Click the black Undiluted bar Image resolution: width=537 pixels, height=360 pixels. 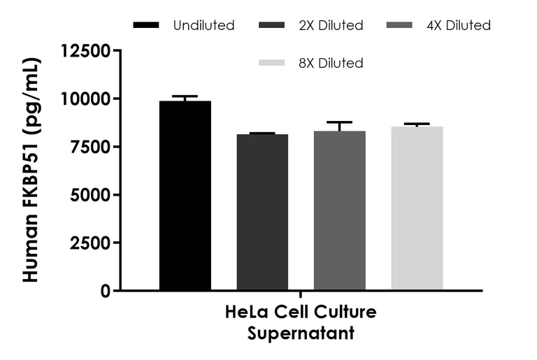click(185, 196)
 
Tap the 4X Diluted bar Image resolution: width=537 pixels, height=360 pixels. click(339, 210)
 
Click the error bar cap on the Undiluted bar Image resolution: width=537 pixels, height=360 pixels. click(185, 96)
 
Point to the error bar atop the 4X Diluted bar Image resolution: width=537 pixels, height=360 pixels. click(339, 123)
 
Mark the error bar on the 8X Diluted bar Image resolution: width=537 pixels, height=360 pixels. click(417, 124)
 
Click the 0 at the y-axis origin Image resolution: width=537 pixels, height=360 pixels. click(105, 291)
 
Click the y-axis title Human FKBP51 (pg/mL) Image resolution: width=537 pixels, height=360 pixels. click(31, 171)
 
